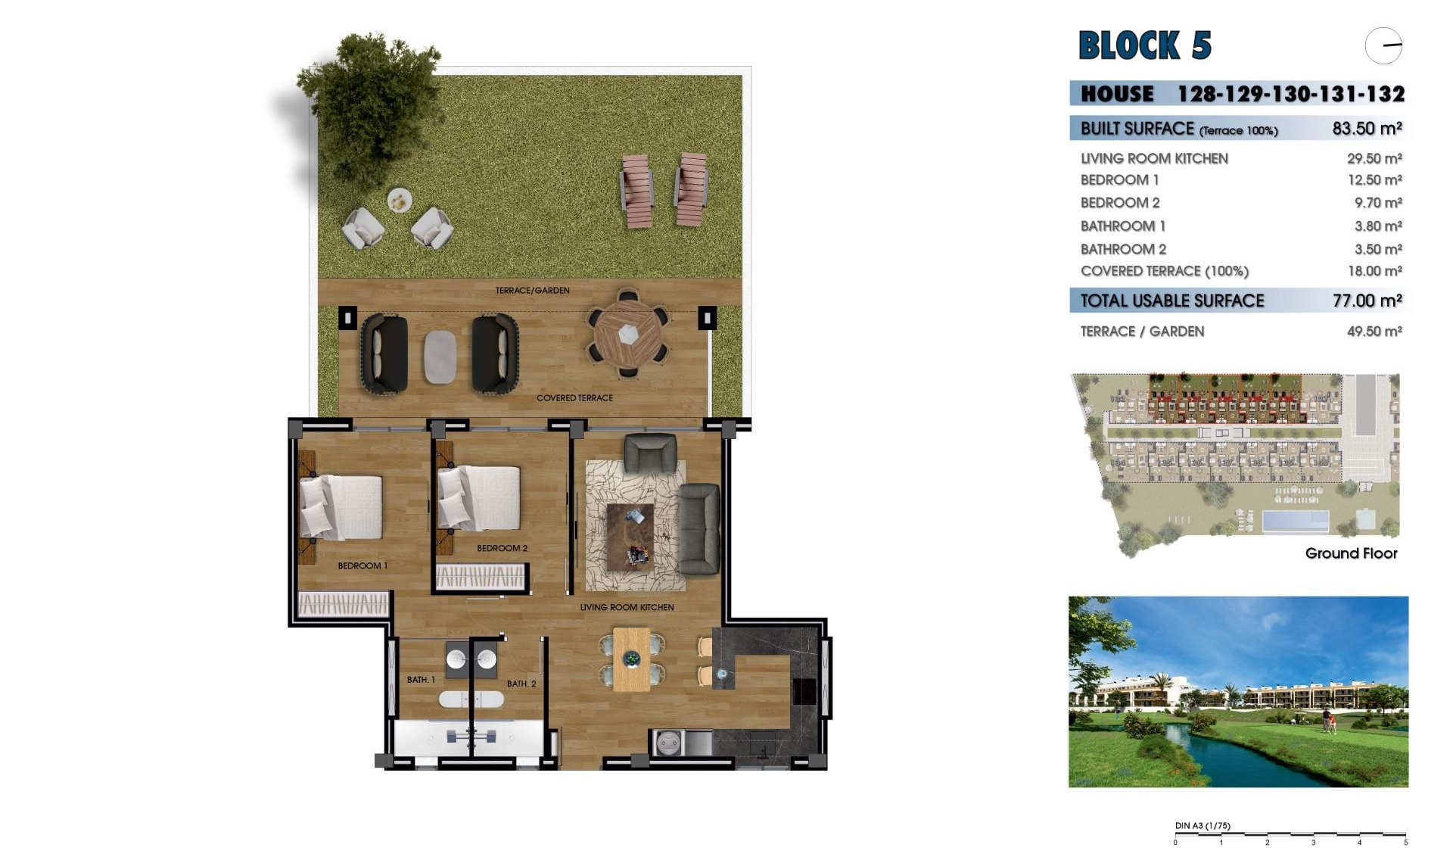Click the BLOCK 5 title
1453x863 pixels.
(x=1144, y=45)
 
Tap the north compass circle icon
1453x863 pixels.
(x=1383, y=46)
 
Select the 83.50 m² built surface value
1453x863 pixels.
(x=1367, y=129)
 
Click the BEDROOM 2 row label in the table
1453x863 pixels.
(x=1119, y=203)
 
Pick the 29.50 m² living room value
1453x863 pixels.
(x=1374, y=159)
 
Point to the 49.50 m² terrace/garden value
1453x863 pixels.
(x=1374, y=332)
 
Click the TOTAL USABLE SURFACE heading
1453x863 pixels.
(x=1171, y=301)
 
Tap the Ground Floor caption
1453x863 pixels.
(x=1351, y=553)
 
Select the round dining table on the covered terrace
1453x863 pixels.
(x=628, y=334)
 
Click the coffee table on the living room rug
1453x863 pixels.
(x=630, y=537)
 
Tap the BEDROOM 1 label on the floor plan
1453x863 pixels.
(x=362, y=566)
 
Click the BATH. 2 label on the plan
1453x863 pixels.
(x=521, y=684)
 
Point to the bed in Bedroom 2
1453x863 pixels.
(x=481, y=497)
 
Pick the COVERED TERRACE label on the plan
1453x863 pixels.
(x=574, y=398)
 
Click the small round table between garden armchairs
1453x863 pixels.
(x=399, y=201)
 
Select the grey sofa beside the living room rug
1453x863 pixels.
(x=698, y=529)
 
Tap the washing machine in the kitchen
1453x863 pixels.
(x=669, y=743)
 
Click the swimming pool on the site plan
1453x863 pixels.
(x=1295, y=521)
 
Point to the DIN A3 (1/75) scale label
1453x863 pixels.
(x=1202, y=826)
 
